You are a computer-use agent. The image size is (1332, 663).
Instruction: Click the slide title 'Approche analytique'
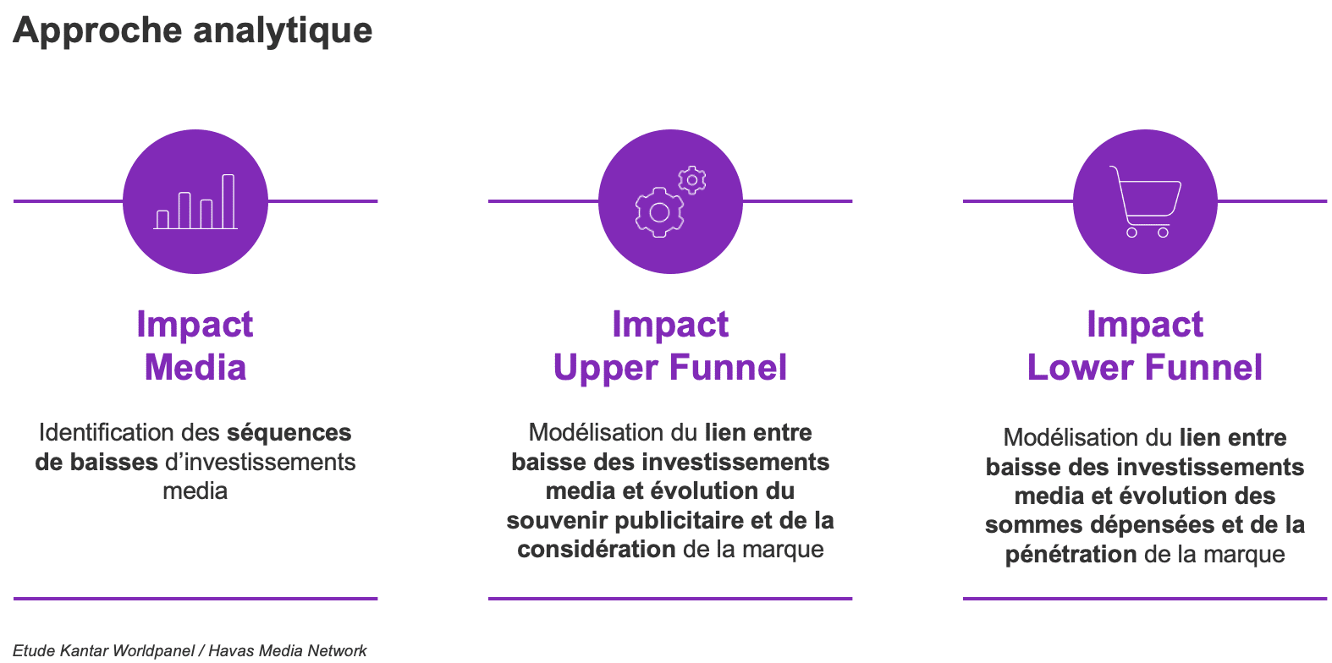[193, 31]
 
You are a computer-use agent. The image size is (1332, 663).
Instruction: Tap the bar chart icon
[195, 201]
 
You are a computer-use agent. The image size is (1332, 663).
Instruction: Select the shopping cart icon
[1145, 201]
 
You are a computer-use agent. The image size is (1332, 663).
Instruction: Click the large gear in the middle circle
[659, 212]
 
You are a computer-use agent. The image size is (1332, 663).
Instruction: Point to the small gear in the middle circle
[692, 179]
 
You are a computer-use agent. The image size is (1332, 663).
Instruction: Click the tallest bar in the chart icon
[228, 201]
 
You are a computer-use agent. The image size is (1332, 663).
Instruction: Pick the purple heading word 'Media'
[195, 367]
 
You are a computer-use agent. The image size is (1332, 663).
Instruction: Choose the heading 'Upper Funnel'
[670, 369]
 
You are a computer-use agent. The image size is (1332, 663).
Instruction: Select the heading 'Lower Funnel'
[1145, 367]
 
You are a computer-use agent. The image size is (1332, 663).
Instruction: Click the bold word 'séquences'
[289, 433]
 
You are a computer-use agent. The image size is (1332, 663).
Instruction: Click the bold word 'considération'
[596, 549]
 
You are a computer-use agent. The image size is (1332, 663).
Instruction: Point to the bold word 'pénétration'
[1071, 554]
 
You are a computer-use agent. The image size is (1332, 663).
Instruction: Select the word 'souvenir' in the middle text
[557, 520]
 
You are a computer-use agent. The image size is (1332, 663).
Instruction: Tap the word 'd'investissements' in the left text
[260, 463]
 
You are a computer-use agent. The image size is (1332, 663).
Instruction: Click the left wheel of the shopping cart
[1131, 233]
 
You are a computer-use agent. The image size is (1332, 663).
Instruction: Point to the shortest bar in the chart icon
[162, 219]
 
